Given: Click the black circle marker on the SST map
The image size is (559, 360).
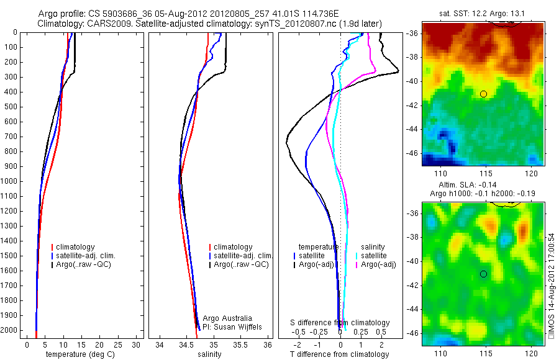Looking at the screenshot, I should tap(483, 94).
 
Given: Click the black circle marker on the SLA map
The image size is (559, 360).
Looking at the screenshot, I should tap(483, 274).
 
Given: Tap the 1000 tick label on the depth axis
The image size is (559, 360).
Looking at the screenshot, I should tap(11, 181).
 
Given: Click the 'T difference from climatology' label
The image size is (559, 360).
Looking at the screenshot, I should tap(339, 354).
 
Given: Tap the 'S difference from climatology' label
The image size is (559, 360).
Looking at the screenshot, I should tap(340, 323).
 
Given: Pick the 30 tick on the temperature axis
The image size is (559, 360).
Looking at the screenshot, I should tap(137, 344).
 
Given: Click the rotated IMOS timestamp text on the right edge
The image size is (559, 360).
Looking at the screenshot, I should tap(551, 286).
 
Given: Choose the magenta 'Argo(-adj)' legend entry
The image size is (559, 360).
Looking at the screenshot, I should tap(379, 265).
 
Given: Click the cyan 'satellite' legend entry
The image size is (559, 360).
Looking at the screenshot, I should tap(374, 256).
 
